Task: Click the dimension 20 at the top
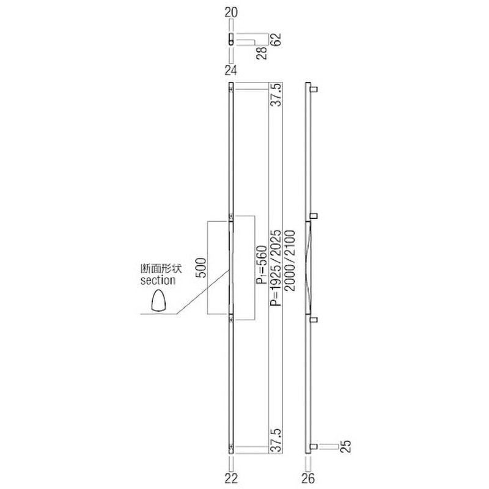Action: tap(230, 10)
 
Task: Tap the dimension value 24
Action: tap(230, 68)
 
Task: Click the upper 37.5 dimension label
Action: tap(276, 95)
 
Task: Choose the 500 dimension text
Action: tap(201, 268)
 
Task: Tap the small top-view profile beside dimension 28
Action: tap(230, 42)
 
